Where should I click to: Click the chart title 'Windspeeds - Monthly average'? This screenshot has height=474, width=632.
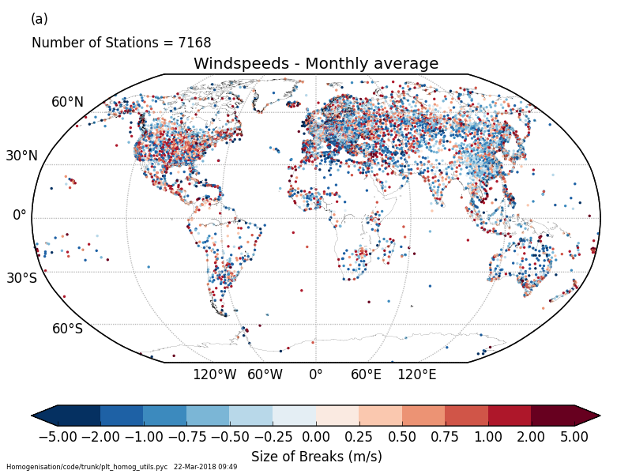pyautogui.click(x=315, y=64)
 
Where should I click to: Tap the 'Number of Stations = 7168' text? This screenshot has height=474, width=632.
pyautogui.click(x=121, y=43)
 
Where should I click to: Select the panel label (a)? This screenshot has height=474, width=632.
pyautogui.click(x=39, y=19)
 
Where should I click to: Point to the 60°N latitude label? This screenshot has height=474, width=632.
pyautogui.click(x=67, y=102)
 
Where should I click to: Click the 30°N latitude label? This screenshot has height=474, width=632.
pyautogui.click(x=21, y=156)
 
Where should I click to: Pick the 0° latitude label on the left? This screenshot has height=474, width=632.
pyautogui.click(x=19, y=215)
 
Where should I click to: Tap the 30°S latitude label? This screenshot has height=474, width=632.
pyautogui.click(x=21, y=278)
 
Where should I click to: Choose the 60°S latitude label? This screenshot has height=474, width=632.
pyautogui.click(x=67, y=329)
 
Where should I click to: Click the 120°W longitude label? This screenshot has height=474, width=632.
pyautogui.click(x=214, y=374)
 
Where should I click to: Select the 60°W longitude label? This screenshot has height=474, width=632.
pyautogui.click(x=265, y=374)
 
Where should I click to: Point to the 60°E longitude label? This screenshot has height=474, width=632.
pyautogui.click(x=366, y=374)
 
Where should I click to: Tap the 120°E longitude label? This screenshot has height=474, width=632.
pyautogui.click(x=416, y=374)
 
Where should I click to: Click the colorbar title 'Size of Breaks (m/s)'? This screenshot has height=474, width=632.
pyautogui.click(x=316, y=457)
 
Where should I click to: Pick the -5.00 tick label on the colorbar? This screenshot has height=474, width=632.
pyautogui.click(x=58, y=436)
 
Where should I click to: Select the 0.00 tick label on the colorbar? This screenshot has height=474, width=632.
pyautogui.click(x=316, y=436)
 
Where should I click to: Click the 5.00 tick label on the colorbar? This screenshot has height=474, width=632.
pyautogui.click(x=574, y=436)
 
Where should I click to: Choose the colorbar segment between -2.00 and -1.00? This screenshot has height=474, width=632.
pyautogui.click(x=122, y=416)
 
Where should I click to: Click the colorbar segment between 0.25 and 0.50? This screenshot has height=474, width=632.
pyautogui.click(x=380, y=416)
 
